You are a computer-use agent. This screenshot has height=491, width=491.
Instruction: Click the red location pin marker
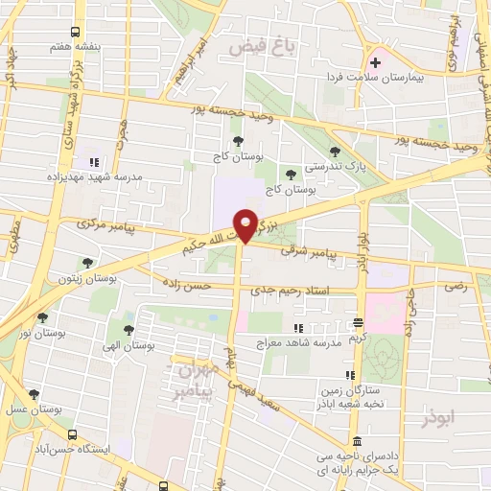[x=246, y=225]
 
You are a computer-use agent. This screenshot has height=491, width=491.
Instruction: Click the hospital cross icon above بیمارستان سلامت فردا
[x=376, y=63]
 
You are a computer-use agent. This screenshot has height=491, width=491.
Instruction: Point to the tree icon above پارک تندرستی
[x=334, y=151]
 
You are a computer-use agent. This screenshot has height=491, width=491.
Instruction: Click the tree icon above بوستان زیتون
[x=87, y=261]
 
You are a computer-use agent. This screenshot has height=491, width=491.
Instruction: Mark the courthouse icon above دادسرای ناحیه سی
[x=358, y=440]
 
